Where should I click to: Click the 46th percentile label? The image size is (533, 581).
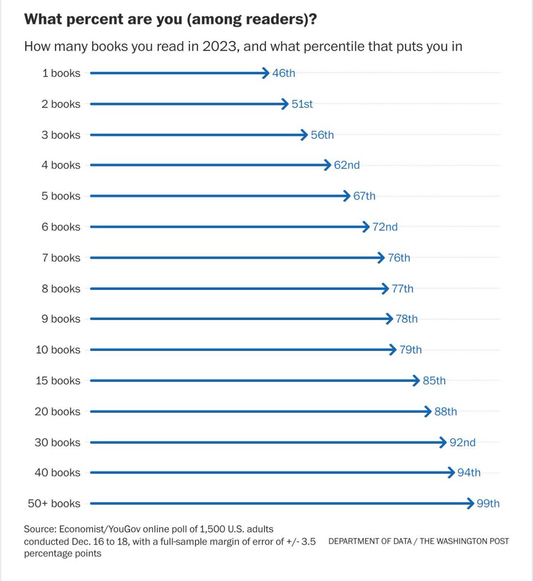coord(283,73)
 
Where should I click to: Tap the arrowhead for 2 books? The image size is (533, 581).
coord(286,104)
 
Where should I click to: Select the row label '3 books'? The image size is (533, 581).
coord(61,135)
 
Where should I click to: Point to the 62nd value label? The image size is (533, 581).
coord(346,165)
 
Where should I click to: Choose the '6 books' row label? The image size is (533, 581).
coord(61,227)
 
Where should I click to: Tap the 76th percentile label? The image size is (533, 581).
coord(399,258)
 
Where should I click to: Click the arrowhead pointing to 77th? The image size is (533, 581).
coord(386,289)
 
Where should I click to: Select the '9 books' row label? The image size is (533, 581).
coord(61,319)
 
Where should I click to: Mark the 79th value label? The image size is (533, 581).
coord(410,350)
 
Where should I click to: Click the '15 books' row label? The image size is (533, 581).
coord(58,381)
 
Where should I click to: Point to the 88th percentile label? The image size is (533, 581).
coord(445,412)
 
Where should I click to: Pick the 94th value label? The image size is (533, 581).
coord(469,473)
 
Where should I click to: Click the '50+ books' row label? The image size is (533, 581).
coord(54,504)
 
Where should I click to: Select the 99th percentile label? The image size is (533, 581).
coord(488,504)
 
